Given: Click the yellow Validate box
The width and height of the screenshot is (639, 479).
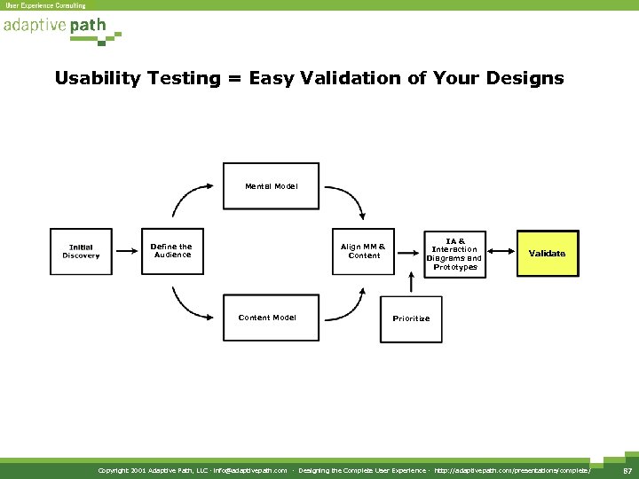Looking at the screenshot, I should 547,254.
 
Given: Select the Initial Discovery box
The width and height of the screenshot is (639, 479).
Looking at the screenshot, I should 81,252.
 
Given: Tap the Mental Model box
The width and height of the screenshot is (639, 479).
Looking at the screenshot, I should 271,186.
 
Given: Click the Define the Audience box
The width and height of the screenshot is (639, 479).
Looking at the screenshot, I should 172,252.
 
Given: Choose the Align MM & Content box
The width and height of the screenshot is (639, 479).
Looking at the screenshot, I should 364,252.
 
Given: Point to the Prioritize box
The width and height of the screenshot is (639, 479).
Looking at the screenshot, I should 410,318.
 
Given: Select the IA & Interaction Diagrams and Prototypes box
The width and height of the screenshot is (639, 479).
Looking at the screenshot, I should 455,254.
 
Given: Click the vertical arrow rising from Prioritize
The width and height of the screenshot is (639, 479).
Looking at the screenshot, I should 410,282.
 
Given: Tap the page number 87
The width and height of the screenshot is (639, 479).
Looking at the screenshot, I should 626,469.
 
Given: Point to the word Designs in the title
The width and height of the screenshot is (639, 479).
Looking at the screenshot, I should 529,79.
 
